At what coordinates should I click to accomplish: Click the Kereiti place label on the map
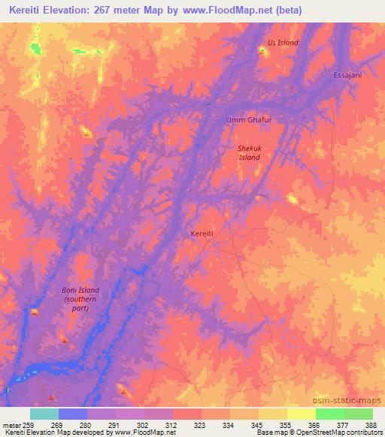(x=202, y=234)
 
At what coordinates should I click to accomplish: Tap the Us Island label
(x=283, y=43)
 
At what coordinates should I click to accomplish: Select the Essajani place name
(x=347, y=76)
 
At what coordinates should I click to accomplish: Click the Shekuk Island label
(x=249, y=153)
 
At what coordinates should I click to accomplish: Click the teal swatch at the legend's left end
(x=44, y=414)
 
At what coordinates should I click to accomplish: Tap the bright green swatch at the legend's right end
(x=358, y=414)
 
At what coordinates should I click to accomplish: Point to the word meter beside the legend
(x=11, y=425)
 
